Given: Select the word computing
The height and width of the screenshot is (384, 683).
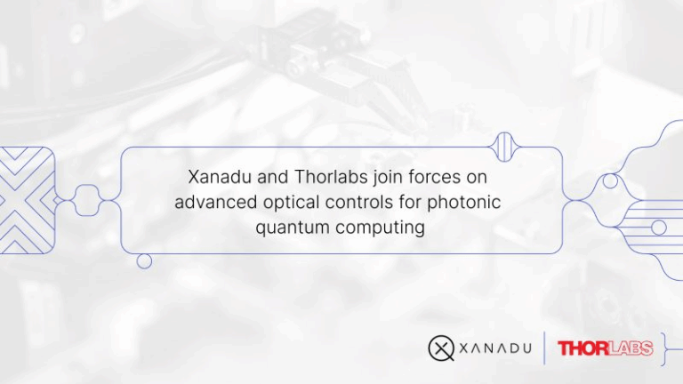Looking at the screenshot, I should coord(379,228).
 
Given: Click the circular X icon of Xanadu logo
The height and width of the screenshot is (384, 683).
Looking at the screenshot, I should coord(442,348).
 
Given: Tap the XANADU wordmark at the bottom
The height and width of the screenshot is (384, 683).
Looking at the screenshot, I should coord(495,348).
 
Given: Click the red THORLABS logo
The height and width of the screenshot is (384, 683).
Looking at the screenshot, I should coord(606,348).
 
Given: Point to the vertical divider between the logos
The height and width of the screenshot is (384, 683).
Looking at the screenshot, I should coord(544,348).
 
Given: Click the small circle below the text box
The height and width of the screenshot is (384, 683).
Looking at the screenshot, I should coord(144,261).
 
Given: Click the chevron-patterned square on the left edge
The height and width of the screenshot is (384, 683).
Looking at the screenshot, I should coord(26,199).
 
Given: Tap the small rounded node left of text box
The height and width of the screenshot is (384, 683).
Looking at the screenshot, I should coord(86,200).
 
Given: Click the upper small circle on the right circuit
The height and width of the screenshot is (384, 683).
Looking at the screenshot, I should coord(610,181).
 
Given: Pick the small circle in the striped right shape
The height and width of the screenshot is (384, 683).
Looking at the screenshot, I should coord(658,228).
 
